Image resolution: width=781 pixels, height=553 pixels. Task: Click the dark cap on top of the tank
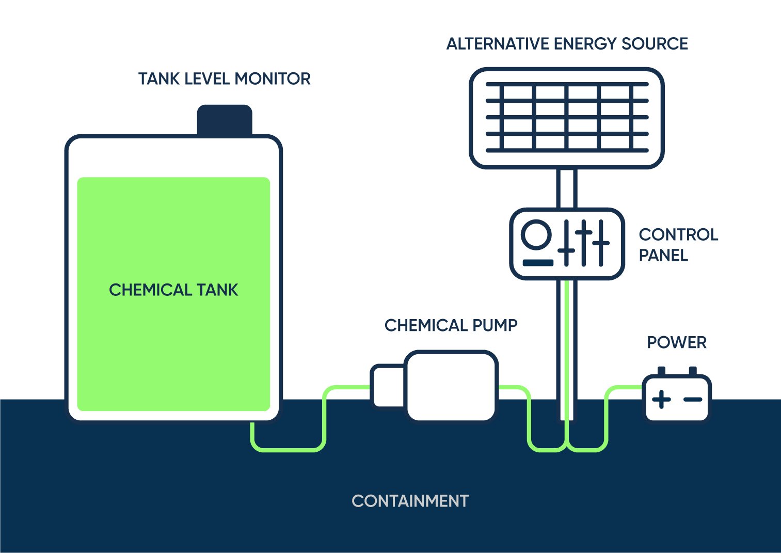point(225,120)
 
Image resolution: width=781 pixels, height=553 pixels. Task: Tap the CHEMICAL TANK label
point(173,290)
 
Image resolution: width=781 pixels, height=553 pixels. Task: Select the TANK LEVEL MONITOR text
point(224,78)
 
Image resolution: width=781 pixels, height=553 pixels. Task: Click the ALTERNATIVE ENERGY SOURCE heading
point(567,44)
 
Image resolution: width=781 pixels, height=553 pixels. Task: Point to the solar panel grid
point(567,118)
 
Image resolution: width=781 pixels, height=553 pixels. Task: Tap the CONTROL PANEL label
point(677,245)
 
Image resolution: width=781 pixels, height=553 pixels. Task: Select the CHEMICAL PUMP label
point(451,325)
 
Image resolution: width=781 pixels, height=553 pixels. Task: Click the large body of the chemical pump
point(451,386)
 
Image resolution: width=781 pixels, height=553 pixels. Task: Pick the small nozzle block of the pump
point(387,386)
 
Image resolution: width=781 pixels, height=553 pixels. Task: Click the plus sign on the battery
point(661,399)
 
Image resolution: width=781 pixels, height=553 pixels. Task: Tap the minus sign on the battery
point(693,399)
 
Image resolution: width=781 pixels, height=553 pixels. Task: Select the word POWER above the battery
point(676,342)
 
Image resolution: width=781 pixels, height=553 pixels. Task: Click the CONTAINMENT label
point(410,501)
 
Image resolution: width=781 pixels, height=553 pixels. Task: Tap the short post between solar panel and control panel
point(567,188)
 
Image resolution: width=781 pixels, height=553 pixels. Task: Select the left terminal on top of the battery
point(661,371)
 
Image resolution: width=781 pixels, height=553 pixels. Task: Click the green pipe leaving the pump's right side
point(516,387)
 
